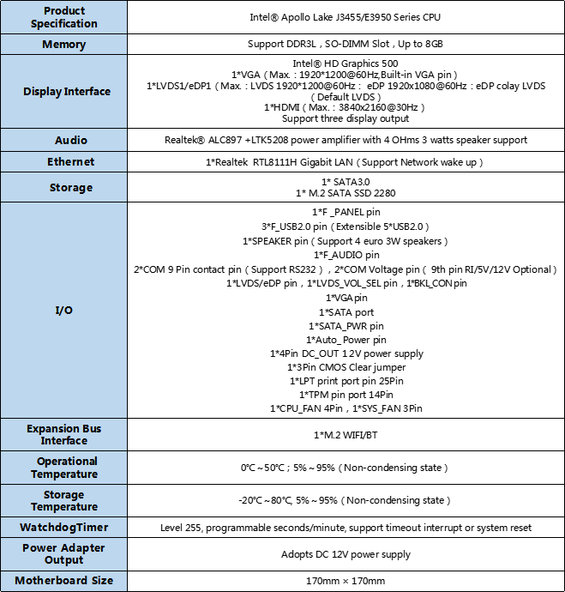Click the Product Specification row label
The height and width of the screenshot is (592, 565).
pyautogui.click(x=64, y=17)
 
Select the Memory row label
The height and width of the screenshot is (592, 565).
pyautogui.click(x=64, y=44)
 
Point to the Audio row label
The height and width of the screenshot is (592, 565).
pyautogui.click(x=64, y=140)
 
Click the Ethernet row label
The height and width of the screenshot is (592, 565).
pyautogui.click(x=64, y=162)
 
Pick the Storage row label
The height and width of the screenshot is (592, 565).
pyautogui.click(x=65, y=188)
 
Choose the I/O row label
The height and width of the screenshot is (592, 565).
pyautogui.click(x=64, y=310)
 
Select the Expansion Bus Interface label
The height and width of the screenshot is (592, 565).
pyautogui.click(x=64, y=434)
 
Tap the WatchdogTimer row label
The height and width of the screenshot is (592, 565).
pyautogui.click(x=65, y=527)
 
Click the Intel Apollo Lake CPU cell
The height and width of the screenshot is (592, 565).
pyautogui.click(x=346, y=17)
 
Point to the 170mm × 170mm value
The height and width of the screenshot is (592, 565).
pyautogui.click(x=346, y=581)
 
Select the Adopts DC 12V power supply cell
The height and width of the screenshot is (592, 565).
pyautogui.click(x=346, y=554)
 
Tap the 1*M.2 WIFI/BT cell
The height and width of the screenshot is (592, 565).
pyautogui.click(x=346, y=435)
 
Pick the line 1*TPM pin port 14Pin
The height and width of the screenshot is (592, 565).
pyautogui.click(x=346, y=395)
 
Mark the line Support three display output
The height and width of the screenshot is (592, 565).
pyautogui.click(x=346, y=118)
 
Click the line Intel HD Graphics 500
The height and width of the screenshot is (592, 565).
pyautogui.click(x=346, y=63)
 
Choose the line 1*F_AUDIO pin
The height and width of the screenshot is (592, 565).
pyautogui.click(x=346, y=255)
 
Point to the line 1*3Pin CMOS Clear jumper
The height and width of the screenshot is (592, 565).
pyautogui.click(x=346, y=367)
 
